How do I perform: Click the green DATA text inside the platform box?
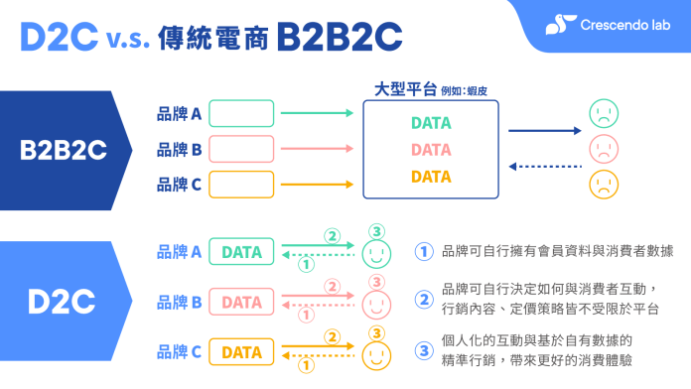coord(430,123)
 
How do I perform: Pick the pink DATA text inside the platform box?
coord(430,150)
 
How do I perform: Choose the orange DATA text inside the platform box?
coord(430,177)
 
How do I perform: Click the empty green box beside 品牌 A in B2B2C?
coord(241,114)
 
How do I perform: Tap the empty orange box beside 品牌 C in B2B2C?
coord(241,184)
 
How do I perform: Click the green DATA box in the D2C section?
coord(241,252)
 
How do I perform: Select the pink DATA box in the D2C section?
coord(241,302)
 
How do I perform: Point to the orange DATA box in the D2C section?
coord(241,351)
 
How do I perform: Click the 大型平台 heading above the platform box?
coord(406,89)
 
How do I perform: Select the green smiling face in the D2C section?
coord(373,254)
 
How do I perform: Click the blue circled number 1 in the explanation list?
coord(424,252)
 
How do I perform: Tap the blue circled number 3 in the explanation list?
coord(424,350)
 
